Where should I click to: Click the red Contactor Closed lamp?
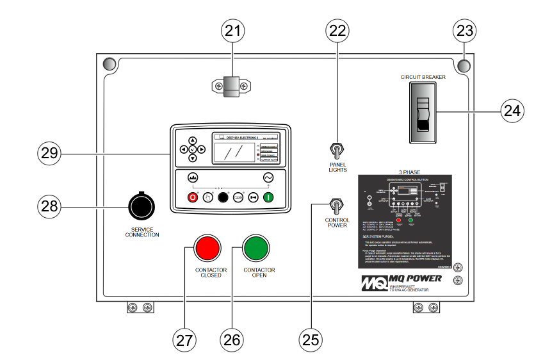207,246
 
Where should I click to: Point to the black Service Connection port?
140,204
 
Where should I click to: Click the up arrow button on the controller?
193,140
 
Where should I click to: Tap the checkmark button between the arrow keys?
193,149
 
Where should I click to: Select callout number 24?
512,110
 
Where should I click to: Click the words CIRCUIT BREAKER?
423,77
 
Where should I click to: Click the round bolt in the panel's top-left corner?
109,64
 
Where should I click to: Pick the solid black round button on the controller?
223,197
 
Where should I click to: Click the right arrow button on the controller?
202,149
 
